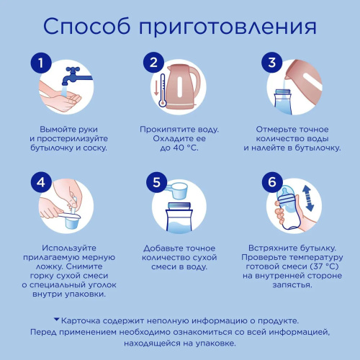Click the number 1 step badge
42,63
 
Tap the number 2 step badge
153,63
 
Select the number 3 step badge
271,63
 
